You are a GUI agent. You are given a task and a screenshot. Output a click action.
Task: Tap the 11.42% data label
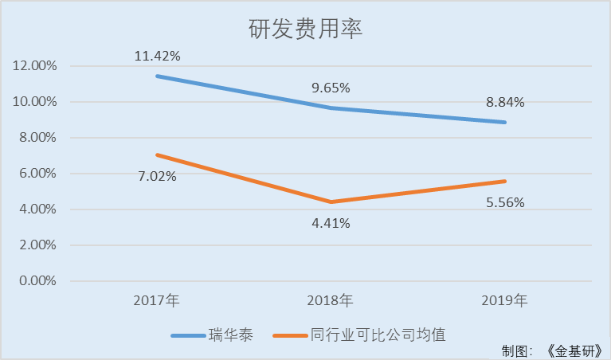coord(157,56)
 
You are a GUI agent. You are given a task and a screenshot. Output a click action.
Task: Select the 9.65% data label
coord(331,88)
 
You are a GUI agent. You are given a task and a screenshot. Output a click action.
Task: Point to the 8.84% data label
coord(504,102)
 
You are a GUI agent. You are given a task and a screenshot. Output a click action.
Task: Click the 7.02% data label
coord(157,176)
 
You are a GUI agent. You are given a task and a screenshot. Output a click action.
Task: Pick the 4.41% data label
coord(331,223)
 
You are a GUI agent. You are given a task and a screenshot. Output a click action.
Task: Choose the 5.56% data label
coord(504,202)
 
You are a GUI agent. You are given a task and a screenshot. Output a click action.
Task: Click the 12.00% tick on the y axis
coord(34,66)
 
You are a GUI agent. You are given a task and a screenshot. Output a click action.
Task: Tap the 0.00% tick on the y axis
coord(37,281)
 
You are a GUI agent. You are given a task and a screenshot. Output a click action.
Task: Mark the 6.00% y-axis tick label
coord(37,174)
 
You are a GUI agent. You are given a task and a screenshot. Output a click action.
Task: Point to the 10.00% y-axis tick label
coord(34,102)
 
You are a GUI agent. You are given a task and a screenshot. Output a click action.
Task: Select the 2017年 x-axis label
coord(157,301)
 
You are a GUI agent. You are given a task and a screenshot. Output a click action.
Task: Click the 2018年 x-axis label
coord(331,301)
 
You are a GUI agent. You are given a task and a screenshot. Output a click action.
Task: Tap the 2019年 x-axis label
coord(504,301)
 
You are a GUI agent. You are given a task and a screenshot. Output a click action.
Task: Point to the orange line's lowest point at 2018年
coord(331,202)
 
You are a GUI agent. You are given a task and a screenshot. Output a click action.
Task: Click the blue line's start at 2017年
coord(157,76)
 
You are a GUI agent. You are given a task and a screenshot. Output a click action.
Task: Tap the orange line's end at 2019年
coord(504,181)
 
